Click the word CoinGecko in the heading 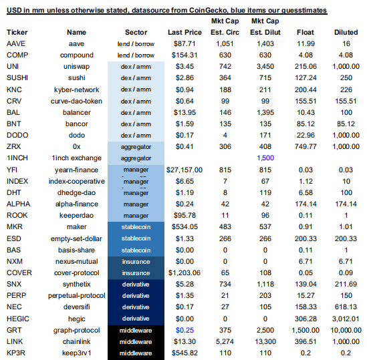pos(209,10)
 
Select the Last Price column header pos(185,32)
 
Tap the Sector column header pos(136,32)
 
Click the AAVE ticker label pos(16,43)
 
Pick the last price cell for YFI pos(185,170)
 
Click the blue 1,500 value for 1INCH pos(265,158)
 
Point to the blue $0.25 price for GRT pos(185,330)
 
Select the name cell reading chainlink pos(76,341)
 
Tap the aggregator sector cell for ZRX pos(136,147)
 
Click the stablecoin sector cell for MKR pos(136,227)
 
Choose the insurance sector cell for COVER pos(136,273)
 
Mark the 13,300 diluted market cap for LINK pos(265,341)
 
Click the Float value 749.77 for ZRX pos(305,147)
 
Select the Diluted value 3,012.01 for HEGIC pos(346,319)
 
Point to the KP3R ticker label pos(16,353)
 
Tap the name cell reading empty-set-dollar pos(76,238)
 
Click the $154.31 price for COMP pos(185,55)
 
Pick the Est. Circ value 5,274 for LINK pos(225,341)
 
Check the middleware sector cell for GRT pos(136,331)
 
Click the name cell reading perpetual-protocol pos(76,296)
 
